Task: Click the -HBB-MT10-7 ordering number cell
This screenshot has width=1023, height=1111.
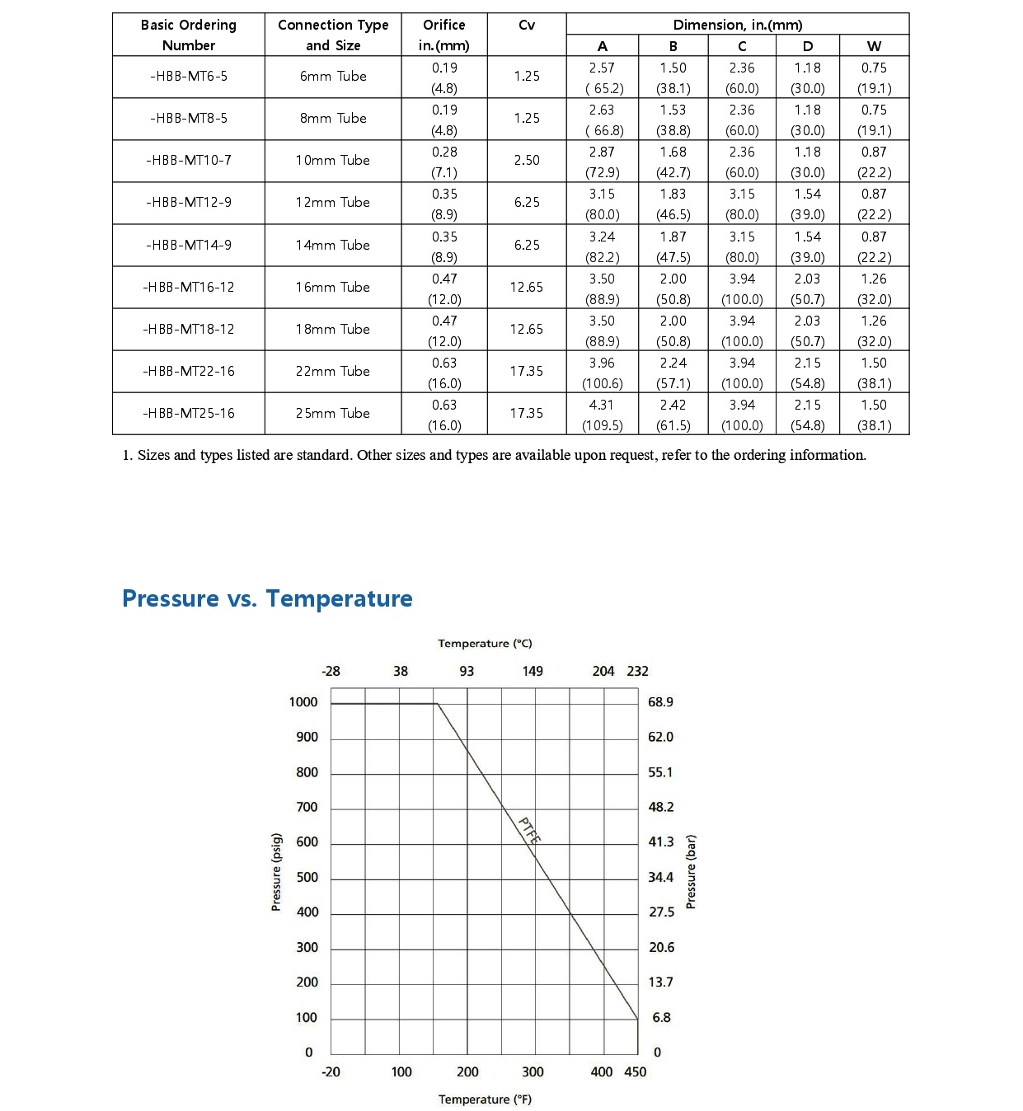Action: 189,161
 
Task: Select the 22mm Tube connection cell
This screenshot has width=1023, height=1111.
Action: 332,372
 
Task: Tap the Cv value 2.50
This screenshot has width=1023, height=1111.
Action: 527,161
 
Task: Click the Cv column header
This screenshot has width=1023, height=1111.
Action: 527,26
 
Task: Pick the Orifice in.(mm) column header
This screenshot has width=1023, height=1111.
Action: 443,35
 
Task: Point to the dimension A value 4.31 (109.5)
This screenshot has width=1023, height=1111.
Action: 602,415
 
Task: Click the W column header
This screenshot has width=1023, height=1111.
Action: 874,46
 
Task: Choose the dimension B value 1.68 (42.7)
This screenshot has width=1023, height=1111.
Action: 673,162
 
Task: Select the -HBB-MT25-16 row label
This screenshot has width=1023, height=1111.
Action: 189,414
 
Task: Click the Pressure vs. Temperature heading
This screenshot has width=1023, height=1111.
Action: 267,598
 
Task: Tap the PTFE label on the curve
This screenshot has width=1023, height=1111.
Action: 529,830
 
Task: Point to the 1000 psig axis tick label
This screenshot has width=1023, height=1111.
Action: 303,702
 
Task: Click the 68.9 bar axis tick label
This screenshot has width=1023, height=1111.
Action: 660,702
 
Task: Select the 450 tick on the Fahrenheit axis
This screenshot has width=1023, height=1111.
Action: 636,1071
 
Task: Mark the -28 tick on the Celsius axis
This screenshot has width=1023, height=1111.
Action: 331,671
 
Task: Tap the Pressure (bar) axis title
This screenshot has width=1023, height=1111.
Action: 691,872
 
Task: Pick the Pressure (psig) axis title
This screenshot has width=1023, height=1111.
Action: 276,872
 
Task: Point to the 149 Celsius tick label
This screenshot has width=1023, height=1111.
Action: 533,671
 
